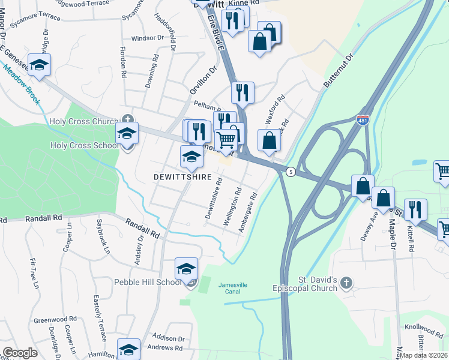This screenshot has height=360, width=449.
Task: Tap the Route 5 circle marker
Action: [291, 172]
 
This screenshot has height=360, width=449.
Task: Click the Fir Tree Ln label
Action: [34, 273]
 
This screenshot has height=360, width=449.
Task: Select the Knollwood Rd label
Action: [424, 329]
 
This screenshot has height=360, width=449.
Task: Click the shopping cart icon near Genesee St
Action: [226, 139]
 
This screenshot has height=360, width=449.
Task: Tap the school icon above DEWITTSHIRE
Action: [191, 157]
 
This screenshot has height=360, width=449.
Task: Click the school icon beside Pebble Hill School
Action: [187, 269]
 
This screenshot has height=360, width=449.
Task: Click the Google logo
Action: [20, 353]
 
